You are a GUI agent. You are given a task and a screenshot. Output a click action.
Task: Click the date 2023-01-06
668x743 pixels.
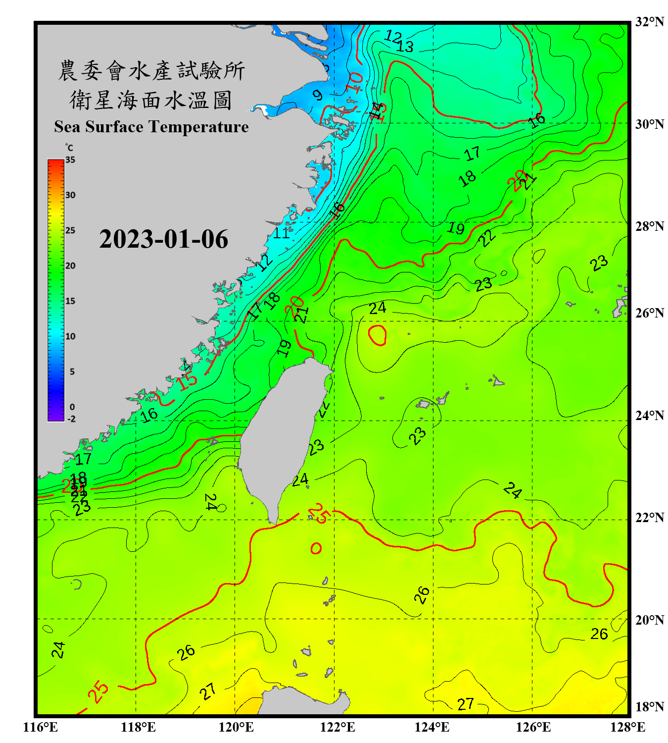tap(163, 239)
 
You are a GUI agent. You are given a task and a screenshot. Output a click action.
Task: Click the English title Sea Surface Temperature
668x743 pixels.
tap(151, 127)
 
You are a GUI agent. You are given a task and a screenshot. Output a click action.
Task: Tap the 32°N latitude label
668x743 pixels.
tap(649, 22)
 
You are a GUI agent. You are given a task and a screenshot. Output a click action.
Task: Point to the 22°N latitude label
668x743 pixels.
tap(649, 518)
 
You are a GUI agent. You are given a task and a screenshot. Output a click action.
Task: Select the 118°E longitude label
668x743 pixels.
tap(138, 727)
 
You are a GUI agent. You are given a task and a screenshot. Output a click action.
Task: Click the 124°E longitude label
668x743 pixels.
tap(432, 727)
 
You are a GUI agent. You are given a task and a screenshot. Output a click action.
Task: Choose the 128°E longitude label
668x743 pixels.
tap(627, 727)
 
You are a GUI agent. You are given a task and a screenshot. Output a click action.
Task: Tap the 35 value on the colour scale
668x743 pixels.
tap(70, 160)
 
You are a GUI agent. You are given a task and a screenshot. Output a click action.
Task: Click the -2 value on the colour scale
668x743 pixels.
tap(71, 419)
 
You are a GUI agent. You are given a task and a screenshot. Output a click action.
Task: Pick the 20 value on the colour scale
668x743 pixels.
tap(70, 265)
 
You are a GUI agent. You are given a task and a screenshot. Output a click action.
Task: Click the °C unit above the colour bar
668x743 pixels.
tap(69, 148)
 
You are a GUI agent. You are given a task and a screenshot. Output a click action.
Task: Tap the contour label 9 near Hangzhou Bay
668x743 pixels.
tap(318, 95)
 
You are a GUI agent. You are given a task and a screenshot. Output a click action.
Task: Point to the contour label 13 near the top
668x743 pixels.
tap(405, 47)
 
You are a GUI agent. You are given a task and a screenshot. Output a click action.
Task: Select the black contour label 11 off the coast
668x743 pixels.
tap(282, 233)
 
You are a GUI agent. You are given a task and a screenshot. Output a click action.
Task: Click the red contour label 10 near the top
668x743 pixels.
tap(354, 82)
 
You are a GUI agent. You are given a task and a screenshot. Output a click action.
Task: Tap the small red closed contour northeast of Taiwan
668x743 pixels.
tap(378, 335)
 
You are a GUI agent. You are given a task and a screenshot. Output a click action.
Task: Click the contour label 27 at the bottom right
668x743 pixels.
tap(465, 704)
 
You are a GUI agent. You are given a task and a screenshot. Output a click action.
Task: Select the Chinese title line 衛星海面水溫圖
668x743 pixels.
tap(151, 100)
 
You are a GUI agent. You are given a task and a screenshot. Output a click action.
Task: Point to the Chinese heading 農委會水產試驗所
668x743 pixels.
tap(151, 71)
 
